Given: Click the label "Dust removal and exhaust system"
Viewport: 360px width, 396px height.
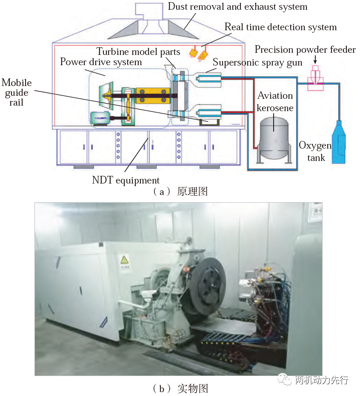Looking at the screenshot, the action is click(237, 7).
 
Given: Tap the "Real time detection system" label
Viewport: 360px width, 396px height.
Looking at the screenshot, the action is click(280, 27).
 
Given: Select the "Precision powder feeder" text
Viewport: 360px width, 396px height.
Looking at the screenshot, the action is click(305, 49).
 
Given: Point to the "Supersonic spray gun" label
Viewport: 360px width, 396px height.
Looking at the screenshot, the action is click(257, 62).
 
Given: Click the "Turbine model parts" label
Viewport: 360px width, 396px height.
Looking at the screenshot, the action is click(138, 52).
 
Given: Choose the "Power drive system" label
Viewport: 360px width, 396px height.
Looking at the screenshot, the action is click(101, 62).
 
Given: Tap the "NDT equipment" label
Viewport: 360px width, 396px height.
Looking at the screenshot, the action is click(126, 180).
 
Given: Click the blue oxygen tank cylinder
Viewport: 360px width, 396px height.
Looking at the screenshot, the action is click(339, 142).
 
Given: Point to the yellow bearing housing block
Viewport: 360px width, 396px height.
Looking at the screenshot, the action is click(153, 96).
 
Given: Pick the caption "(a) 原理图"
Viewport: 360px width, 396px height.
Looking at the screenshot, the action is click(180, 192).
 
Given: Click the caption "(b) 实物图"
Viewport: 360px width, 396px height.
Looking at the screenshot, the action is click(180, 388).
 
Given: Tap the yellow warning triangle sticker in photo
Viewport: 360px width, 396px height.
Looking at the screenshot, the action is click(124, 260).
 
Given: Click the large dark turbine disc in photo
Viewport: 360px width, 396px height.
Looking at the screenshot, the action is click(208, 287).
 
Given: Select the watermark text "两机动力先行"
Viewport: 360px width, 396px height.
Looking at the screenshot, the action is click(321, 380).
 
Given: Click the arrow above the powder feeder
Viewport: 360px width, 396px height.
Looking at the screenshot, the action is click(315, 60).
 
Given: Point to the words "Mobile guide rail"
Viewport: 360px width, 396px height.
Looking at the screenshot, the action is click(17, 92).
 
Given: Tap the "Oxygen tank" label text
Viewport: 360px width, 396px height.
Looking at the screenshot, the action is click(315, 152).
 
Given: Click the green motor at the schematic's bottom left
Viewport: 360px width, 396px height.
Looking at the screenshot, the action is click(100, 118).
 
